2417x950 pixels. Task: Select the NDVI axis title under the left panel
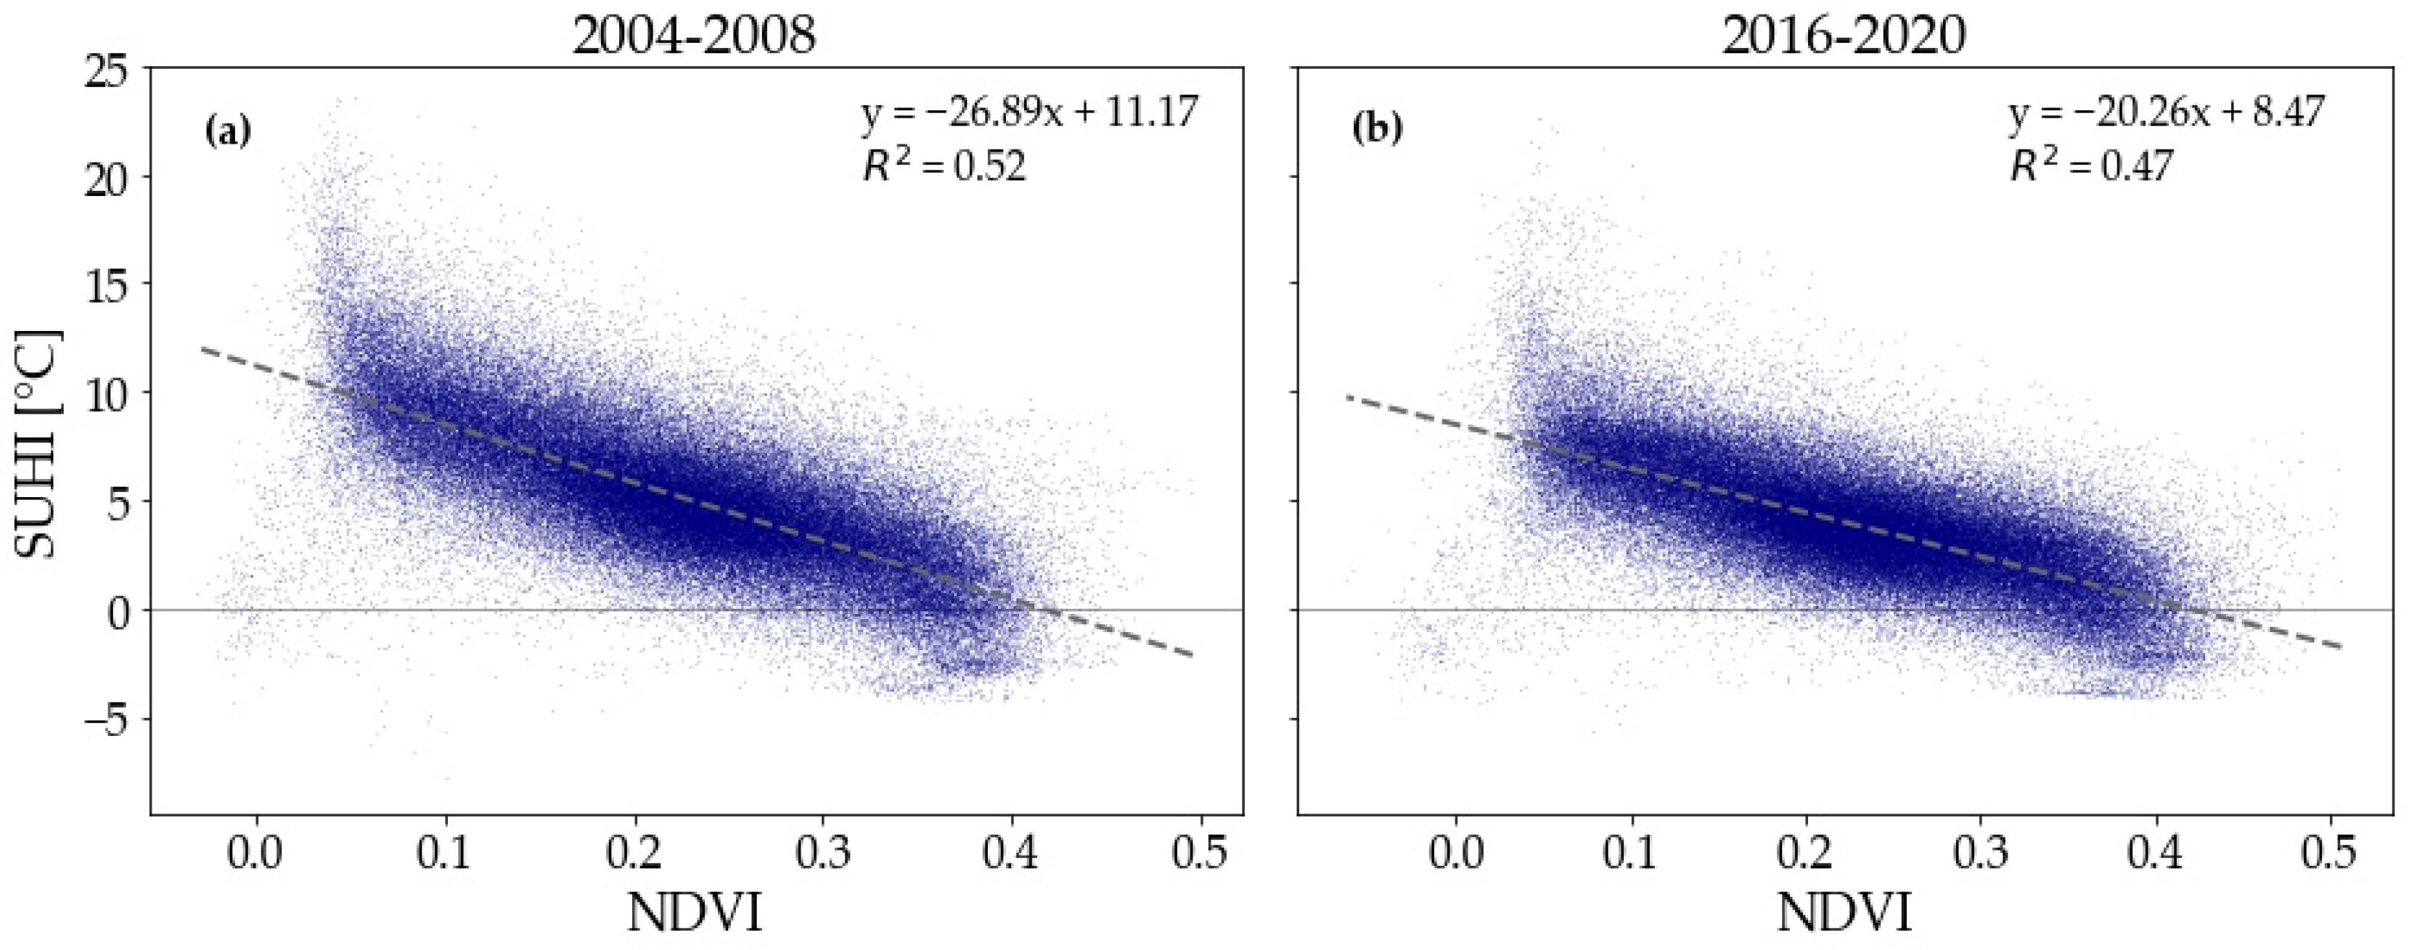click(x=695, y=912)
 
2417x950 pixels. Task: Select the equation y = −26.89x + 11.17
click(x=1030, y=113)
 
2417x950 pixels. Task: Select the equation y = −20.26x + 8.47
click(x=2167, y=113)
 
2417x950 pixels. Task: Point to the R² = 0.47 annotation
click(x=2091, y=167)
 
